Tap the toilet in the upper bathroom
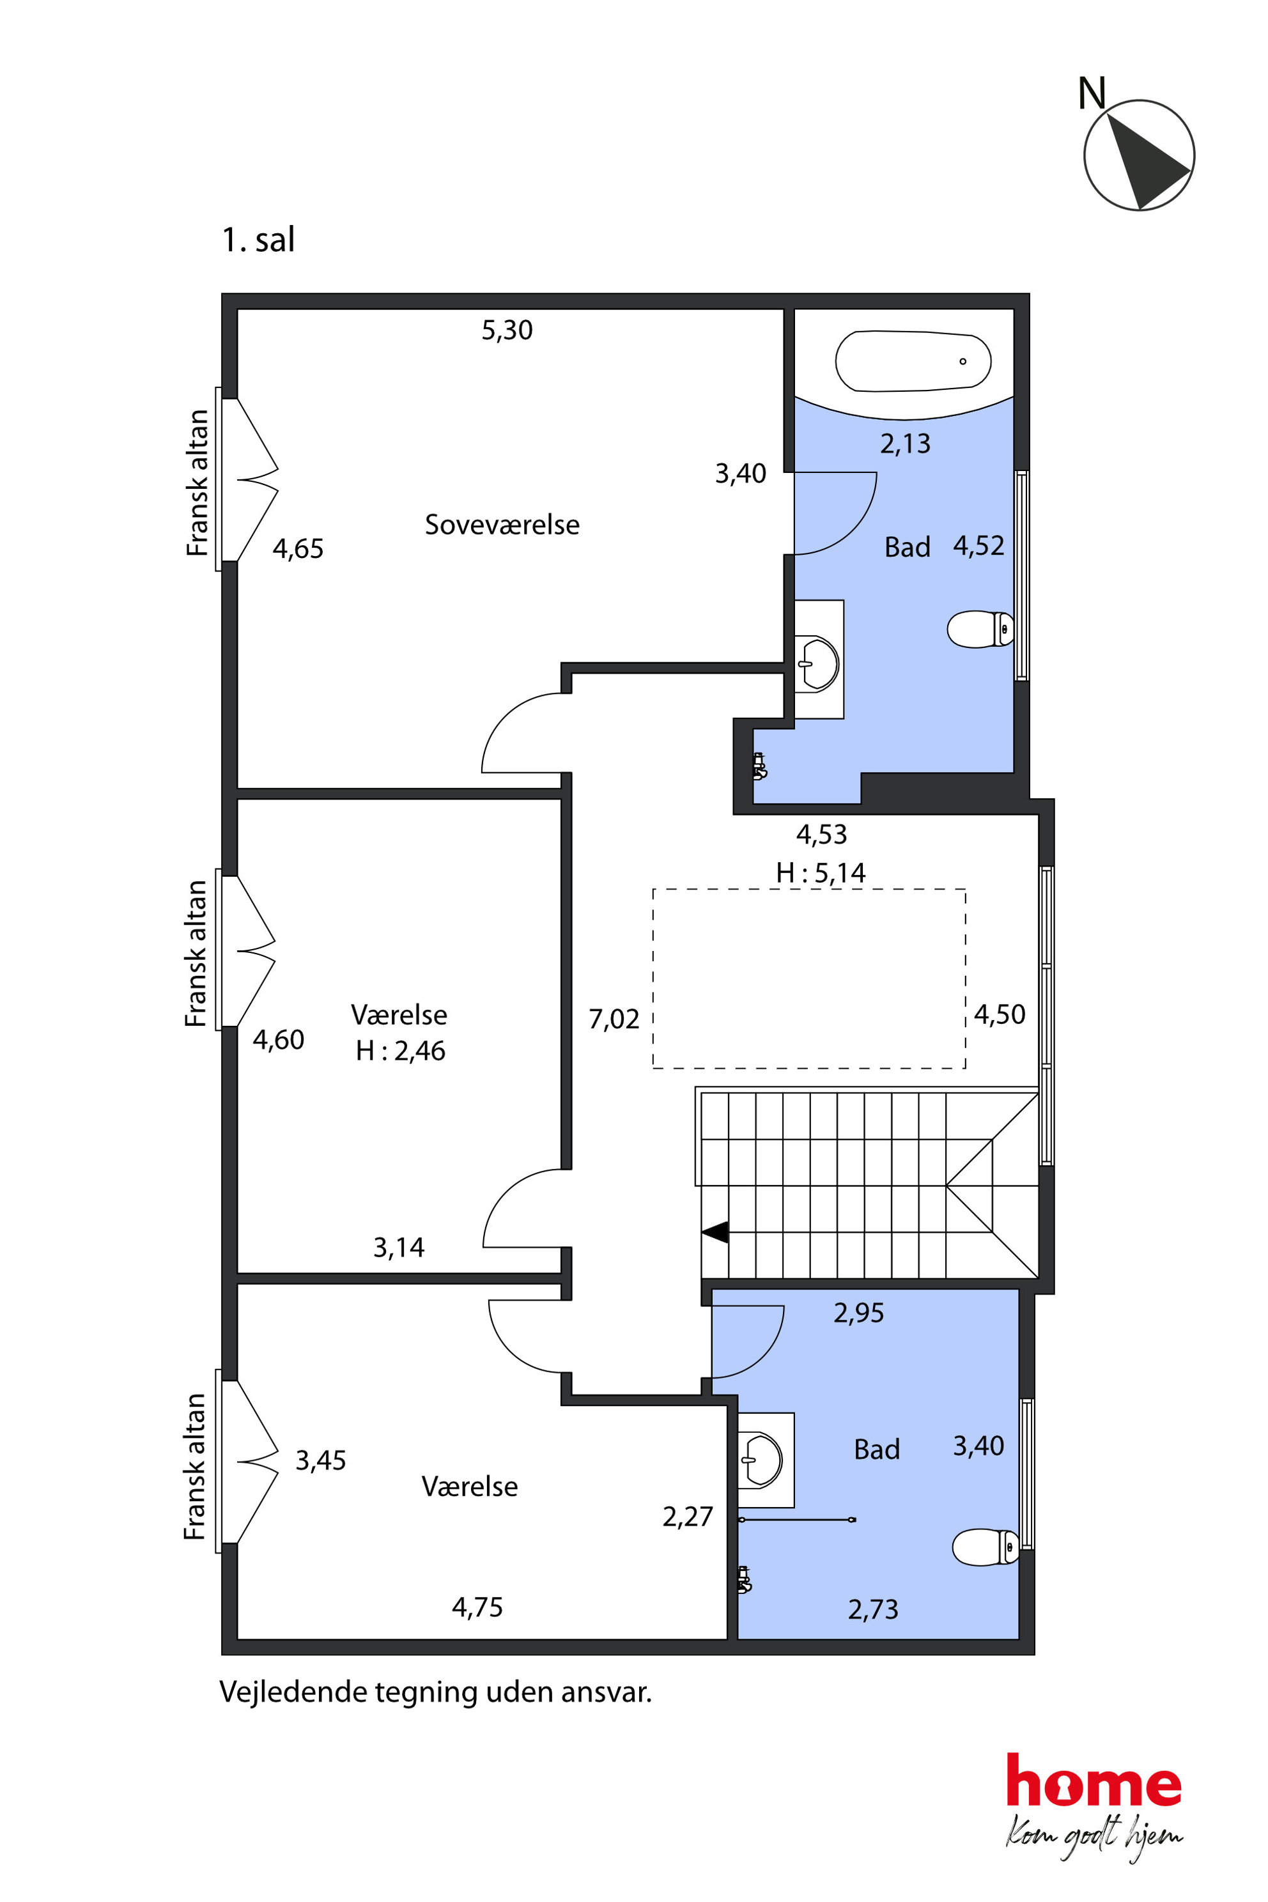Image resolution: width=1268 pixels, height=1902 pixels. click(x=980, y=629)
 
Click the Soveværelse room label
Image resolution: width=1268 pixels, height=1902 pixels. click(x=502, y=525)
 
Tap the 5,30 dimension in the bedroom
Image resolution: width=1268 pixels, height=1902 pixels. click(x=507, y=330)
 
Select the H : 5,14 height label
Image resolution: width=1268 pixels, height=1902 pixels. click(x=821, y=872)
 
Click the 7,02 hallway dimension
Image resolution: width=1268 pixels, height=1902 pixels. click(x=614, y=1019)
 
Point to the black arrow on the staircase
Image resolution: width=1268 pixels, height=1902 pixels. click(x=715, y=1232)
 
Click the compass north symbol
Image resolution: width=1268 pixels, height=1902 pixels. click(x=1139, y=155)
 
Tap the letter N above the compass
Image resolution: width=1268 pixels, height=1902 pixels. click(x=1092, y=93)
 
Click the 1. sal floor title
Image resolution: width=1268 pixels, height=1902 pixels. click(x=258, y=240)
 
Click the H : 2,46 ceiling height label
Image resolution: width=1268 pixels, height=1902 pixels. click(x=400, y=1051)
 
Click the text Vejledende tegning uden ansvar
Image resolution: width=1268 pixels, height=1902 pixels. click(x=435, y=1692)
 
